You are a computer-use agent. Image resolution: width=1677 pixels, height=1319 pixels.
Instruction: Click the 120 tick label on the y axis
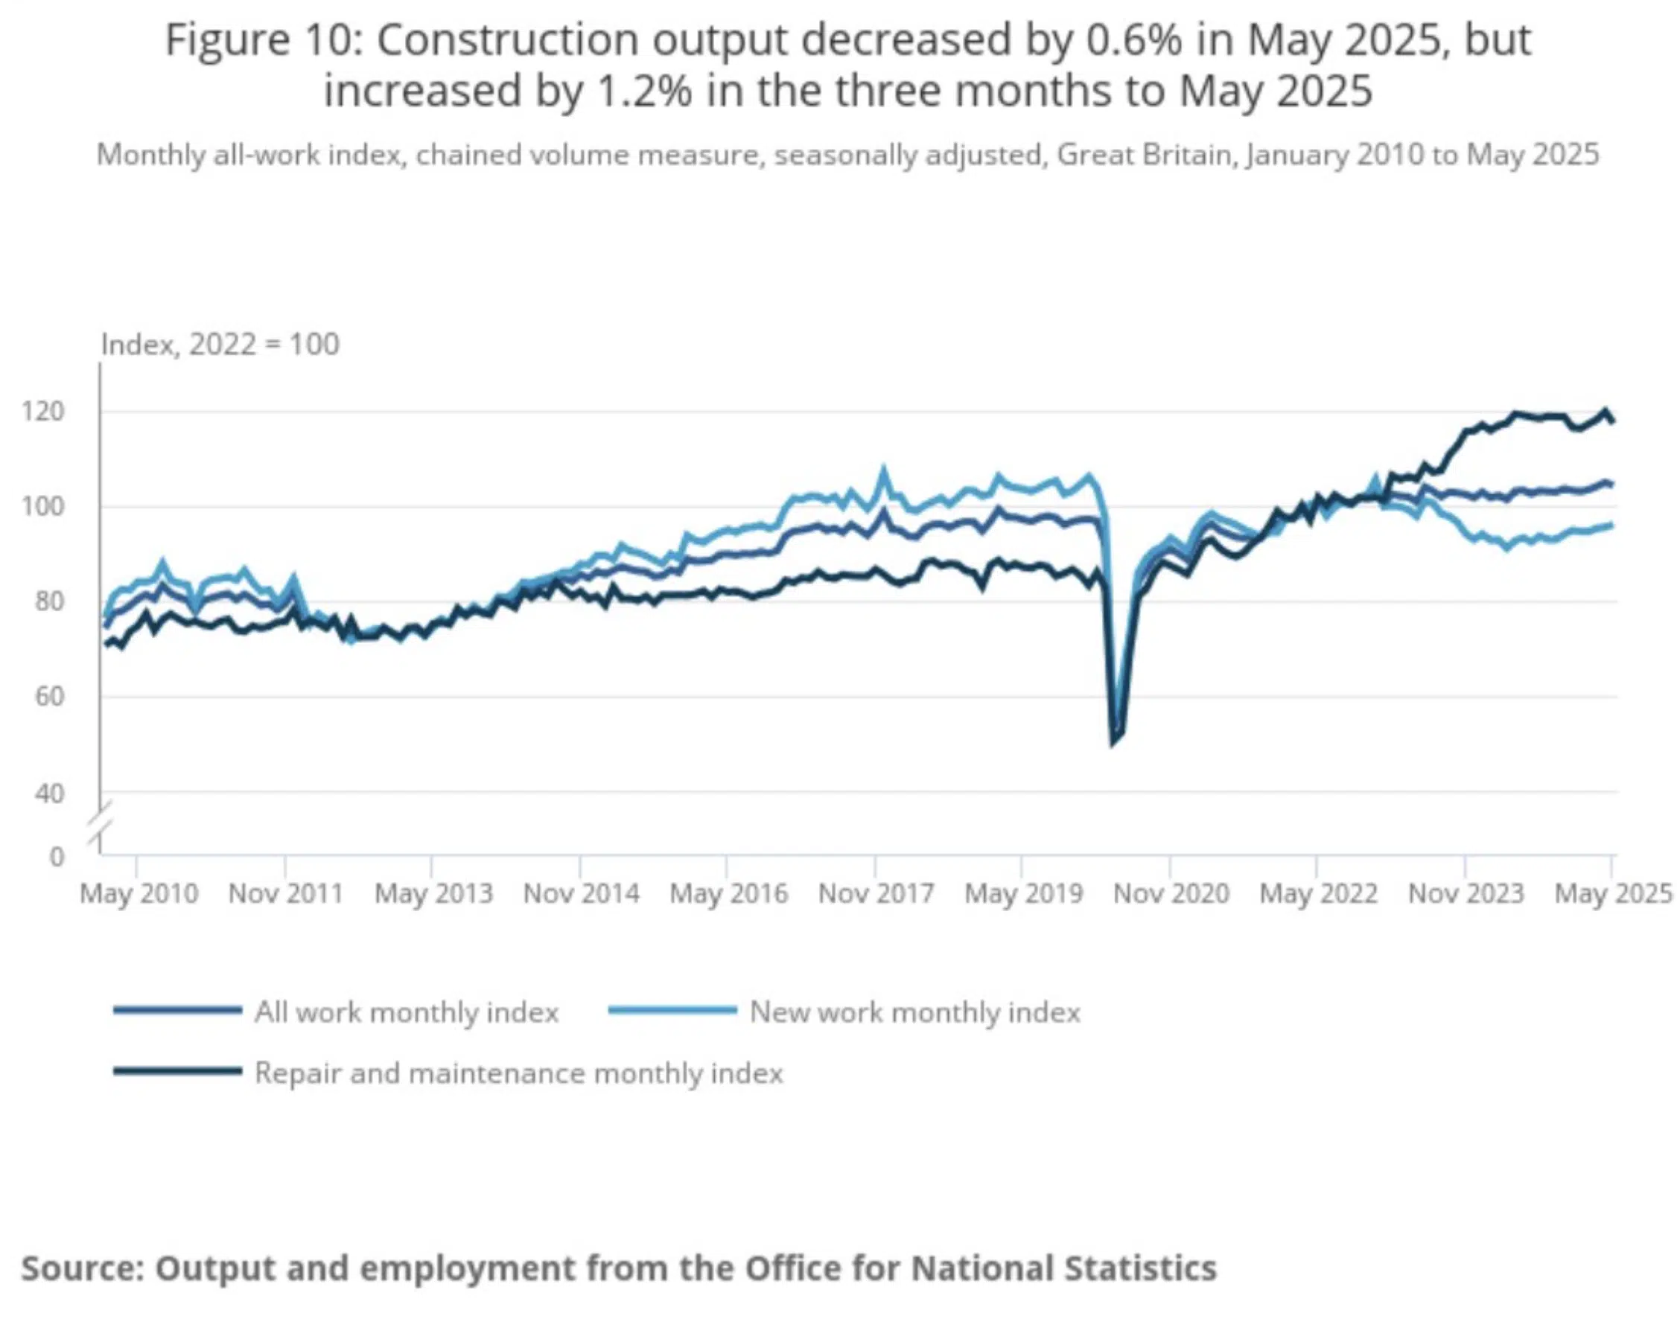[42, 412]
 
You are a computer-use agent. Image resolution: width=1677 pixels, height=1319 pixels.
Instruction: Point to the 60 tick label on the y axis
[48, 697]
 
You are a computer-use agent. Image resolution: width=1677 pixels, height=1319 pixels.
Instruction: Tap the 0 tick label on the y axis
[57, 857]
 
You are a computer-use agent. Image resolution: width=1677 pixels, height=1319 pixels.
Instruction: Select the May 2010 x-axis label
[139, 893]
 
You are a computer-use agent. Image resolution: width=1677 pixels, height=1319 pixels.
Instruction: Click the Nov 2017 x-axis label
[876, 893]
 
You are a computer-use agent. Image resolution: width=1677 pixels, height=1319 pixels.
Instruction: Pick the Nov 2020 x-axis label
[1171, 893]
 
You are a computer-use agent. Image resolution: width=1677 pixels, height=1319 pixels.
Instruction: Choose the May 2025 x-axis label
[1613, 893]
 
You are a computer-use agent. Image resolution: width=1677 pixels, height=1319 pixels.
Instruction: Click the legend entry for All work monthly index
[407, 1012]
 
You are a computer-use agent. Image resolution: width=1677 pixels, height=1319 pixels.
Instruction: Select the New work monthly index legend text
[914, 1012]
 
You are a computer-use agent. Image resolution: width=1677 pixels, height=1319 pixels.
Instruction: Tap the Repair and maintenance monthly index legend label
[518, 1073]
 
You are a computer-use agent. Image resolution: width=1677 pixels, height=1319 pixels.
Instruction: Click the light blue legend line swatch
[672, 1010]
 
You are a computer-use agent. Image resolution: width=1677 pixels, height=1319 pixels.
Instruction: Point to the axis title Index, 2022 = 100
[220, 345]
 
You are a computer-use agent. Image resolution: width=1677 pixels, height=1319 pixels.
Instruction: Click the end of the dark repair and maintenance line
[1612, 421]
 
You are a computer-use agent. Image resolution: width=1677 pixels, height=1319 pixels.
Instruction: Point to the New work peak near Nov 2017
[884, 469]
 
